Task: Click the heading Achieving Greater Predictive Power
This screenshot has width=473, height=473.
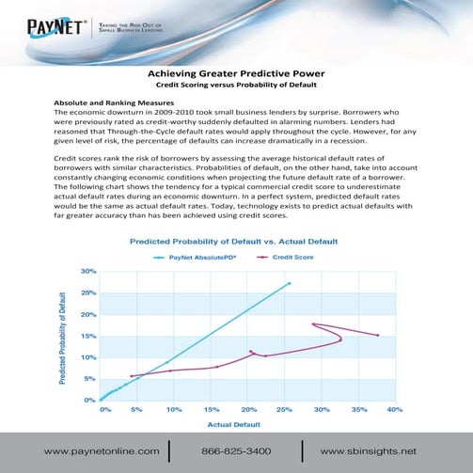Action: coord(236,72)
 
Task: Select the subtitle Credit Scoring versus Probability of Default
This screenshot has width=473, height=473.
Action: coord(236,85)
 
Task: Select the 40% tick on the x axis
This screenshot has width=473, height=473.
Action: coord(394,411)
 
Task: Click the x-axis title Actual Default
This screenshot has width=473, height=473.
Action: coord(249,426)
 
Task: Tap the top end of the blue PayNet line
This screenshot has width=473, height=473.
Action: coord(290,282)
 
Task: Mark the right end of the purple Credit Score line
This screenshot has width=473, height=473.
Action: coord(378,335)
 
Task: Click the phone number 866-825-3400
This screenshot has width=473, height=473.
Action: coord(243,452)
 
